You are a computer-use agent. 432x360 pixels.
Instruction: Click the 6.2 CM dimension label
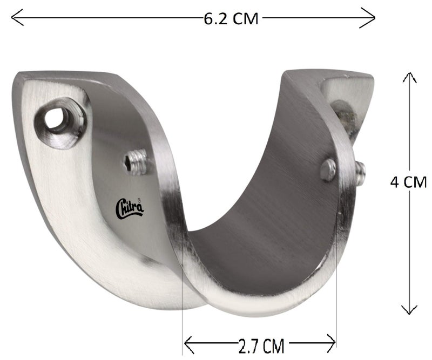pyautogui.click(x=231, y=19)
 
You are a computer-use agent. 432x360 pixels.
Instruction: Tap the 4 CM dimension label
pyautogui.click(x=409, y=182)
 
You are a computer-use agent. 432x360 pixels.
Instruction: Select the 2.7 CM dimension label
pyautogui.click(x=261, y=345)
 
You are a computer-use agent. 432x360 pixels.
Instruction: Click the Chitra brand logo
pyautogui.click(x=130, y=208)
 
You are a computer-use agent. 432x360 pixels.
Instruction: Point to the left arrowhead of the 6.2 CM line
pyautogui.click(x=17, y=18)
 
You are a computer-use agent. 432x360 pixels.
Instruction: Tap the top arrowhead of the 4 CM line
pyautogui.click(x=410, y=78)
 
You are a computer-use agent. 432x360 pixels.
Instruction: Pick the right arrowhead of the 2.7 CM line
pyautogui.click(x=331, y=344)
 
